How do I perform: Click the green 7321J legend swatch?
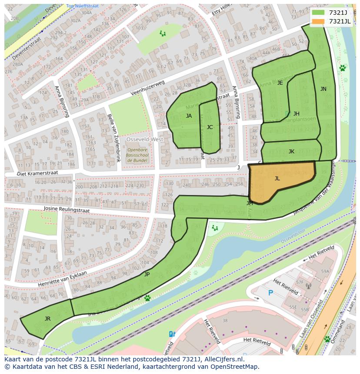(x=318, y=13)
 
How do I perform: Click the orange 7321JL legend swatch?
(x=318, y=21)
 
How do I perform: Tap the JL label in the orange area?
(x=277, y=178)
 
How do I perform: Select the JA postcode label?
(x=189, y=116)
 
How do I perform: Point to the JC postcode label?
(x=210, y=127)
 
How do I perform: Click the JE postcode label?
(x=280, y=83)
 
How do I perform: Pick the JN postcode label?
(x=323, y=89)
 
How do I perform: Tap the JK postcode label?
(x=291, y=152)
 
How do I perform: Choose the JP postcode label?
(x=147, y=275)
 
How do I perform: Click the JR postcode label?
(x=47, y=319)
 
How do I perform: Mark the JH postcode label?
(x=296, y=114)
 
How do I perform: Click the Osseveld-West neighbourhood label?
(x=144, y=139)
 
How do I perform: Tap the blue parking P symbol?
(x=270, y=293)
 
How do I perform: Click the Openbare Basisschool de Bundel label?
(x=137, y=155)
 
